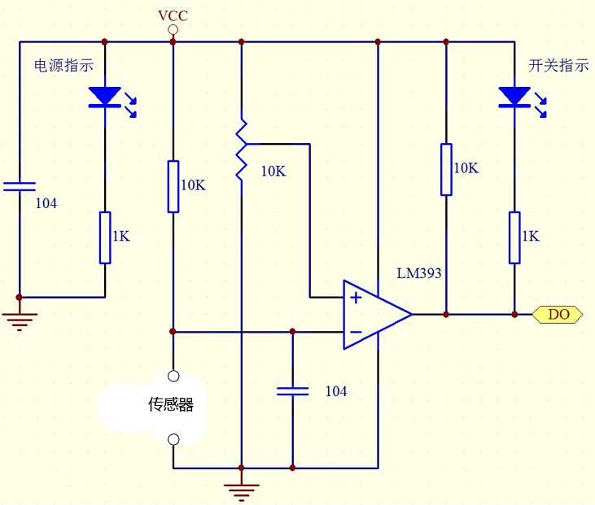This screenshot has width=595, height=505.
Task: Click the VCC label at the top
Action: point(173,16)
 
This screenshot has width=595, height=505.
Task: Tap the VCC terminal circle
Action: point(173,29)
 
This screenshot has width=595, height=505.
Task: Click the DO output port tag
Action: point(558,314)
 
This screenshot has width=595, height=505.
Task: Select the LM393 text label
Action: point(419,273)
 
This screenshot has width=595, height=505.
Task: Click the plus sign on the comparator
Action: point(356,298)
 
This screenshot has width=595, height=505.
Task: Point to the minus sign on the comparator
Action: point(356,332)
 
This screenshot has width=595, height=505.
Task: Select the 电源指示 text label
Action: point(63,65)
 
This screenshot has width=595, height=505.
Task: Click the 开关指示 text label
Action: point(558,65)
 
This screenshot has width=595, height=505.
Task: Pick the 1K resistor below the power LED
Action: point(105,237)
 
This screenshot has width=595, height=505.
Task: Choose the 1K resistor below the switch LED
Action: point(514,237)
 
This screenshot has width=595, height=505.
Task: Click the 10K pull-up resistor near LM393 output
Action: point(446,169)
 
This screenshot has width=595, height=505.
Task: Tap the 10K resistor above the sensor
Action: point(173,186)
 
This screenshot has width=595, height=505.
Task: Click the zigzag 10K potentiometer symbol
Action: point(242,151)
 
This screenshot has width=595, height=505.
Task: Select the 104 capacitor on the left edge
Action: point(20,186)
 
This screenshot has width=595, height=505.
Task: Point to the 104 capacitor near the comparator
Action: point(292,391)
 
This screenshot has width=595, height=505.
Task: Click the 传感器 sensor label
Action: point(171,404)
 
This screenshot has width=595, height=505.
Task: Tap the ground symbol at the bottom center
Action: point(242,491)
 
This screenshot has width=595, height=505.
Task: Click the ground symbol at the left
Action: point(20,320)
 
